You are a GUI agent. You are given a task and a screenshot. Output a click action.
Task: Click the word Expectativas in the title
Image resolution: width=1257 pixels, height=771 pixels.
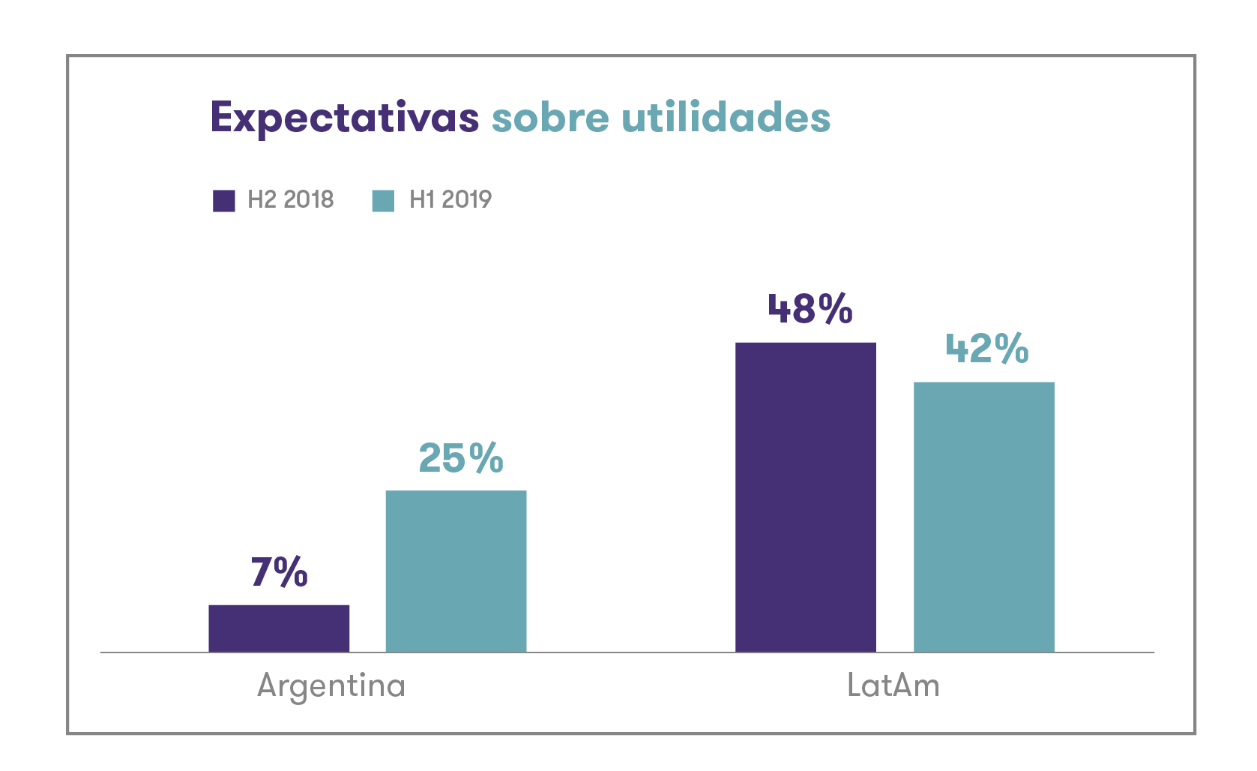[x=344, y=118]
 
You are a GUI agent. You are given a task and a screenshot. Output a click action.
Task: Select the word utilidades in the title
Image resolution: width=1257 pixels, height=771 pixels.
[x=726, y=118]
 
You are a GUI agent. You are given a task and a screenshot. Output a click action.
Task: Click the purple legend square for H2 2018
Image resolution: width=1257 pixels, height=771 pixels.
[x=224, y=201]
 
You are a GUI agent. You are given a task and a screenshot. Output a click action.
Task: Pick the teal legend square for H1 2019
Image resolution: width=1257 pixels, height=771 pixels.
[x=383, y=201]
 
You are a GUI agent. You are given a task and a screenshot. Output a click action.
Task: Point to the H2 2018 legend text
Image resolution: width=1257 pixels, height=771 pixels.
[x=291, y=199]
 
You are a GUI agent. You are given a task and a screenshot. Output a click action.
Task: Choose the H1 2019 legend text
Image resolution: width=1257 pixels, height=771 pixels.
[x=450, y=199]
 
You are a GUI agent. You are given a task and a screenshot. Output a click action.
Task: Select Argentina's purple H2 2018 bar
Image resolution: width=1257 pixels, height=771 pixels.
[x=279, y=628]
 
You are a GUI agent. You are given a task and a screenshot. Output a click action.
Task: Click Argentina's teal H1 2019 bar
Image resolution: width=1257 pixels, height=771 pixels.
[x=456, y=571]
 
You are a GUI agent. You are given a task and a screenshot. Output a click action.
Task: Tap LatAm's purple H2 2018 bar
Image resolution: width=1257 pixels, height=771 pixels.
[x=806, y=497]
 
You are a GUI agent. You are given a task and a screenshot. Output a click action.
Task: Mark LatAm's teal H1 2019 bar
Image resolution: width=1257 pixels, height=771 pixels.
[x=983, y=517]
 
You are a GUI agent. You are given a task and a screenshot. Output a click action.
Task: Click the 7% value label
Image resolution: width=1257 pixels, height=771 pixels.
[x=280, y=572]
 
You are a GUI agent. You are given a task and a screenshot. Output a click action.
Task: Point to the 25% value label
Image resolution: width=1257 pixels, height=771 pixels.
[x=461, y=458]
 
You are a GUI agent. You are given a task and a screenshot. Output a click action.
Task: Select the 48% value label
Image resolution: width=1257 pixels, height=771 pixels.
[x=810, y=309]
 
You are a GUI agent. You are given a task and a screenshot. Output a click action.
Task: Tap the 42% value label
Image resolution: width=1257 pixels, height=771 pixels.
[x=987, y=349]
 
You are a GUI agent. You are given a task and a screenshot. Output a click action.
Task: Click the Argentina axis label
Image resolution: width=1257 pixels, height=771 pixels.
[x=331, y=685]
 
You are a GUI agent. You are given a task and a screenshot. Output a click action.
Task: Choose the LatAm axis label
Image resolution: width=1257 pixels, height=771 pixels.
[x=893, y=685]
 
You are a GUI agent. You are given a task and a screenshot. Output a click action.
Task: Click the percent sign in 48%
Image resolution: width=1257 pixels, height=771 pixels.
[x=835, y=309]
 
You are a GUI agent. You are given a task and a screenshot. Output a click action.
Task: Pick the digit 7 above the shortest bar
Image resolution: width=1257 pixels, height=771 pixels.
[x=262, y=572]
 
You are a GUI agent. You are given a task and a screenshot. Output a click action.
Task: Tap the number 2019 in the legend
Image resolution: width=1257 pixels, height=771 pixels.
[x=466, y=199]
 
